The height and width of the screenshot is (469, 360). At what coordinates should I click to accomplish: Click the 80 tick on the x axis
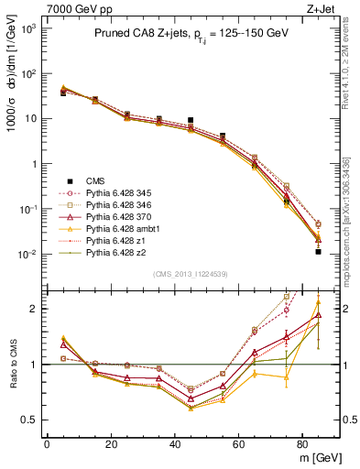click(x=303, y=443)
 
